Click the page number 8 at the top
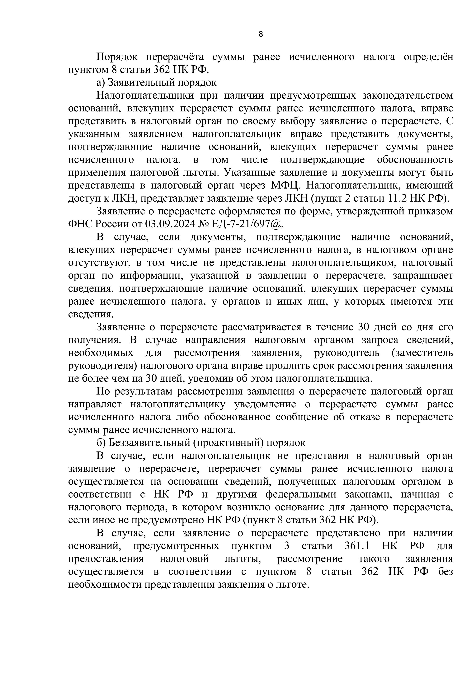coord(260,34)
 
